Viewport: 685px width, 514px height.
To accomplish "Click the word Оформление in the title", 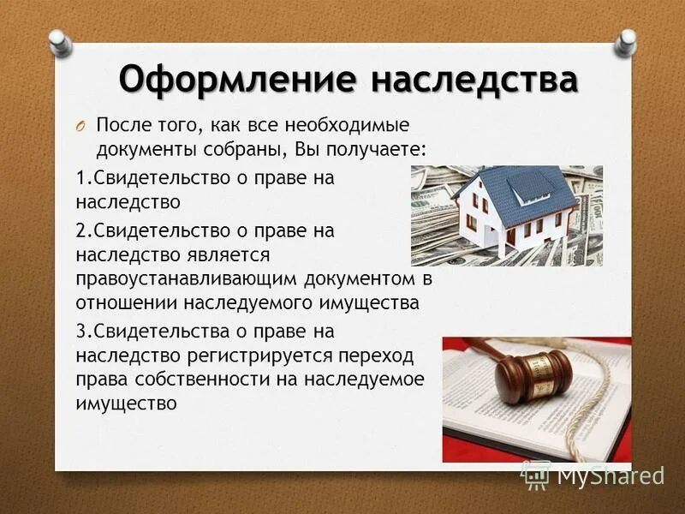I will [x=236, y=80].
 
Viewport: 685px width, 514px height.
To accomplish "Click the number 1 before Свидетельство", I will [x=80, y=178].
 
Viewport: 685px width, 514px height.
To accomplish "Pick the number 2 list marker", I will [x=80, y=230].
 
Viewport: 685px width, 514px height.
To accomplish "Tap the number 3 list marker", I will [x=80, y=331].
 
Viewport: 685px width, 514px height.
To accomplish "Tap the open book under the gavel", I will [x=514, y=424].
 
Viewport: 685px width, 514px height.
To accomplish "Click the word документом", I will [x=369, y=280].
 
